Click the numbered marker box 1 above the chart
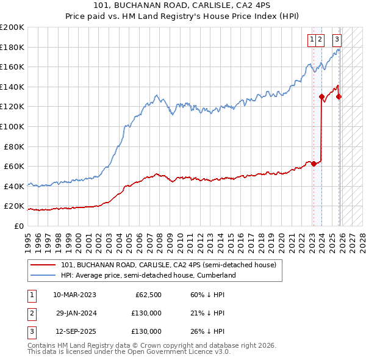pos(312,40)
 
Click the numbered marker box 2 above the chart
pos(320,40)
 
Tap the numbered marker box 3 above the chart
pos(337,40)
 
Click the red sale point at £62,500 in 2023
pos(314,164)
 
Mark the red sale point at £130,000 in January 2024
pos(321,96)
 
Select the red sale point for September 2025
pos(339,96)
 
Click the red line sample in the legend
pos(43,265)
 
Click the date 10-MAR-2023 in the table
pos(74,295)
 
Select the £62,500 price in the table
pos(148,295)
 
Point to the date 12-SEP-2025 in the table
pos(74,331)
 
